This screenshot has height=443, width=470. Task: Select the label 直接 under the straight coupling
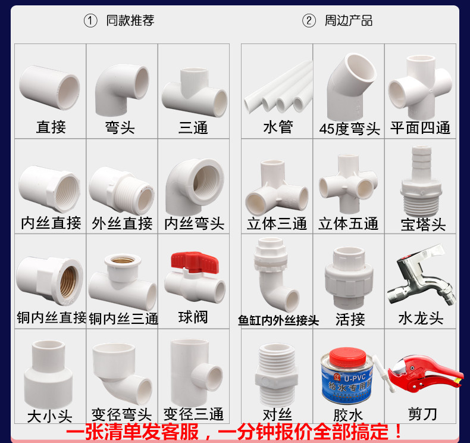tap(51, 127)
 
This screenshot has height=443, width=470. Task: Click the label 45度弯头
tap(349, 129)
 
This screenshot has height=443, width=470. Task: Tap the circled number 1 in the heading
tap(90, 21)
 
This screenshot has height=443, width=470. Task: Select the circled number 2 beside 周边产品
tap(309, 21)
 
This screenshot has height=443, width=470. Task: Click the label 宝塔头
tap(423, 224)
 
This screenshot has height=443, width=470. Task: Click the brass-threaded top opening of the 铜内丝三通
tap(123, 260)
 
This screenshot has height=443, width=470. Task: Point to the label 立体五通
tap(348, 224)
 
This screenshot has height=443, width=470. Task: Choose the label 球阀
tap(193, 317)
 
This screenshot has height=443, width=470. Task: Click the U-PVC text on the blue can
tap(355, 378)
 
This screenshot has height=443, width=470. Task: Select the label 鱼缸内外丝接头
tap(278, 320)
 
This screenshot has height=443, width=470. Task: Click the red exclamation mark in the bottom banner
tap(399, 431)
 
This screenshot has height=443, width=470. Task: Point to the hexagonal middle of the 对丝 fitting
tap(277, 380)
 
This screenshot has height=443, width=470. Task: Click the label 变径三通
tap(193, 414)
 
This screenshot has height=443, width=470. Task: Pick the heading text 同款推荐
tap(130, 20)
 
